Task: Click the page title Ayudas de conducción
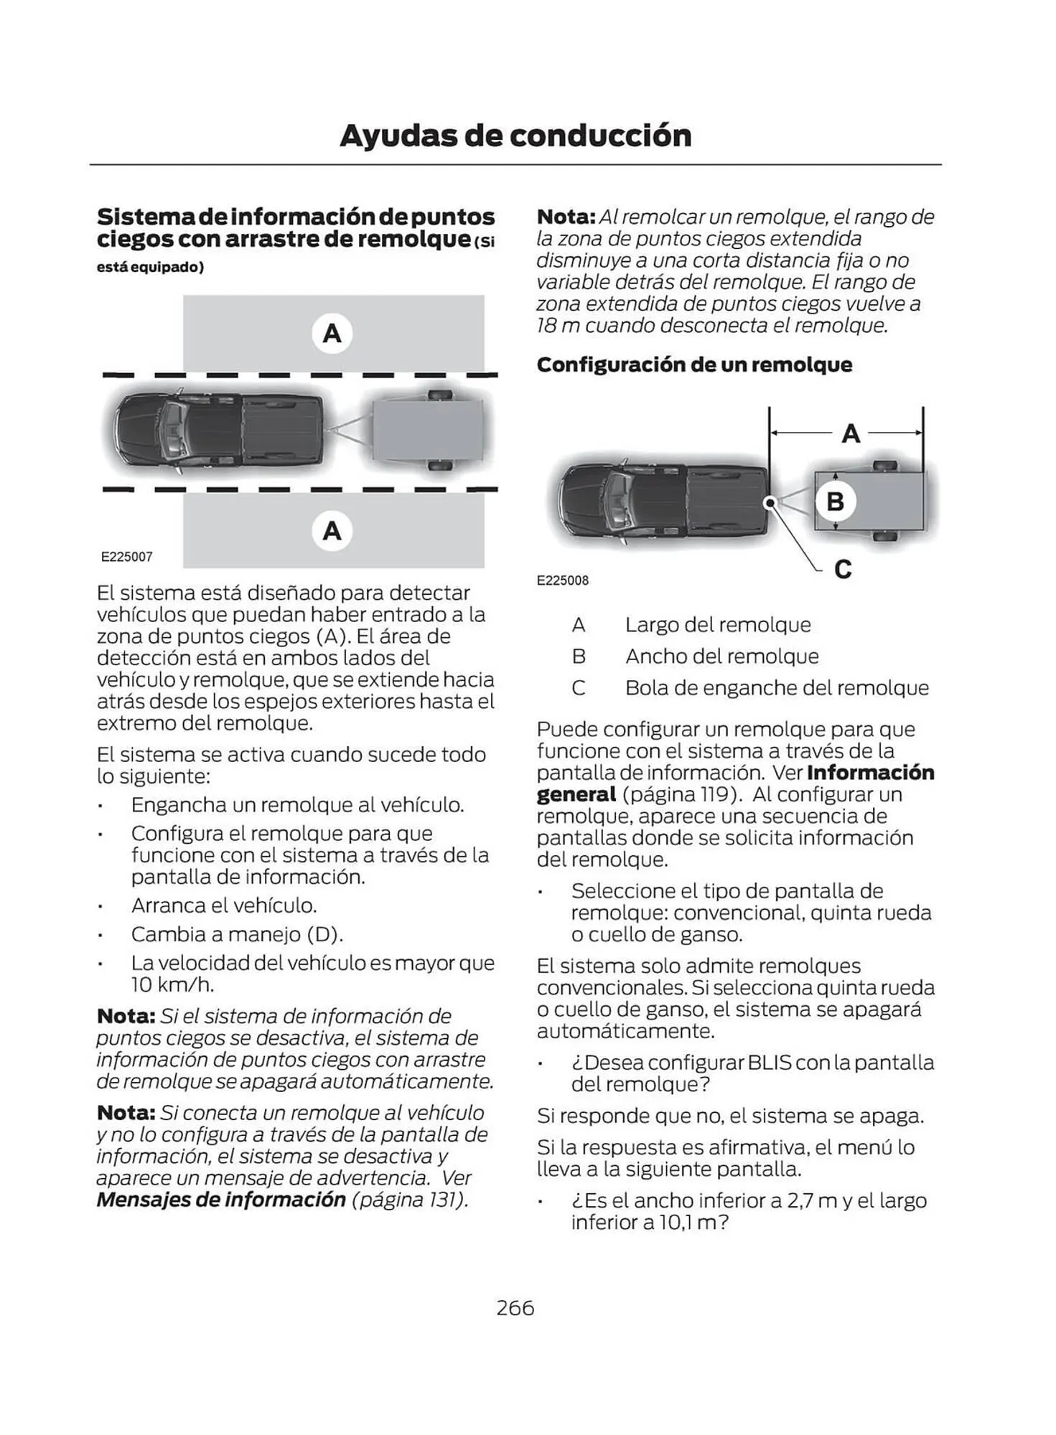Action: click(515, 136)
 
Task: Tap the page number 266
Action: click(515, 1307)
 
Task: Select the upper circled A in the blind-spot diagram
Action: click(332, 334)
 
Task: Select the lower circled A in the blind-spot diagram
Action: click(332, 531)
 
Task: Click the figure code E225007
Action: click(126, 557)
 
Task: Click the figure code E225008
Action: click(562, 580)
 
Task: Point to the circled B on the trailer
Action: click(835, 501)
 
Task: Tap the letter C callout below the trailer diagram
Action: click(843, 570)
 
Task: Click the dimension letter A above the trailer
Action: click(851, 433)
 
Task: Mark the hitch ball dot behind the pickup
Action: click(770, 502)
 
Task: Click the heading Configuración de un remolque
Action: click(694, 364)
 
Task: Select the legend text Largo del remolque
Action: click(717, 625)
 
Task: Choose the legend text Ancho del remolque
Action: click(721, 657)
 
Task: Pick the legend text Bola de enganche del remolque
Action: click(777, 688)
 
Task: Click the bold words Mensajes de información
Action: click(221, 1200)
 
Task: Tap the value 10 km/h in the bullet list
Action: click(172, 984)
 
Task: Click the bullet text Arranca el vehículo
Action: click(223, 905)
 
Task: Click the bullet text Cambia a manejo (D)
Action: click(237, 934)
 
